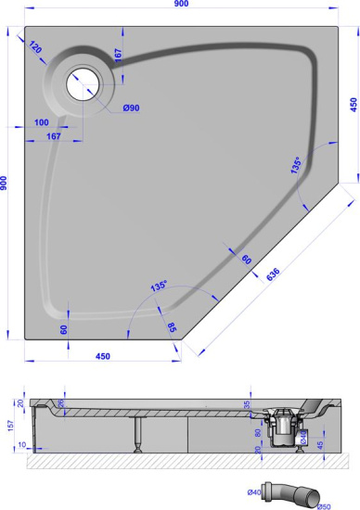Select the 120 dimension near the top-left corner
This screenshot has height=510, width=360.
pos(36,47)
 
